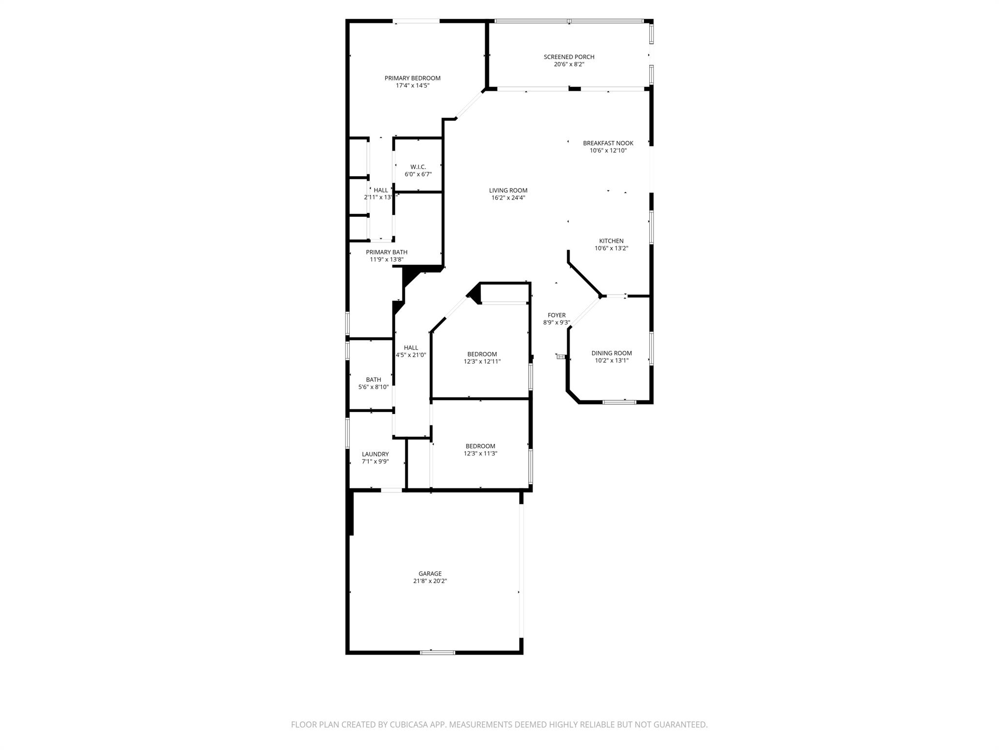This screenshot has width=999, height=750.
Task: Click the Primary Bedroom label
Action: pyautogui.click(x=412, y=78)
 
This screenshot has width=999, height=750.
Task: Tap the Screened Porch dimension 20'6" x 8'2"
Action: pyautogui.click(x=569, y=64)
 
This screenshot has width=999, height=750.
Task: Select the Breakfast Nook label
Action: pyautogui.click(x=608, y=143)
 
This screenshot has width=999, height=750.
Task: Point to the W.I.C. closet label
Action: pyautogui.click(x=418, y=167)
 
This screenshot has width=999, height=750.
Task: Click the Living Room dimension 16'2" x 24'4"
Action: pyautogui.click(x=508, y=198)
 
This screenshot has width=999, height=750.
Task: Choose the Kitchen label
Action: pyautogui.click(x=611, y=241)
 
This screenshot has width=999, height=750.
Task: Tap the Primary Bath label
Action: pyautogui.click(x=386, y=252)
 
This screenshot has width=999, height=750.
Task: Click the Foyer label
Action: pyautogui.click(x=557, y=315)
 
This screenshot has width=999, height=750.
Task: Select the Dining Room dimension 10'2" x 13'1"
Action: pyautogui.click(x=611, y=361)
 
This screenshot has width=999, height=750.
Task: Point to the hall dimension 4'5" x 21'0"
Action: pyautogui.click(x=411, y=355)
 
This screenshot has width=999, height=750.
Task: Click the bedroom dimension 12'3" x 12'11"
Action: pyautogui.click(x=482, y=362)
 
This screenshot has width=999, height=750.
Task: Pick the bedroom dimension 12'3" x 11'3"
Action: pyautogui.click(x=480, y=454)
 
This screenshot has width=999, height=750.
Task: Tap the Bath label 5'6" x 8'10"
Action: pyautogui.click(x=373, y=379)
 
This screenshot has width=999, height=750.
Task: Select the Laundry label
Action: pyautogui.click(x=375, y=454)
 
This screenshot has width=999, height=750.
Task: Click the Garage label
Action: pyautogui.click(x=430, y=574)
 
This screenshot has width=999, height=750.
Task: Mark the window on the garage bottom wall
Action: pyautogui.click(x=438, y=652)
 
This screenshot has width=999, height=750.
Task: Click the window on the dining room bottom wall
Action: pyautogui.click(x=619, y=402)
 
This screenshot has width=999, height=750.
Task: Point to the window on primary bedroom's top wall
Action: pyautogui.click(x=416, y=21)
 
